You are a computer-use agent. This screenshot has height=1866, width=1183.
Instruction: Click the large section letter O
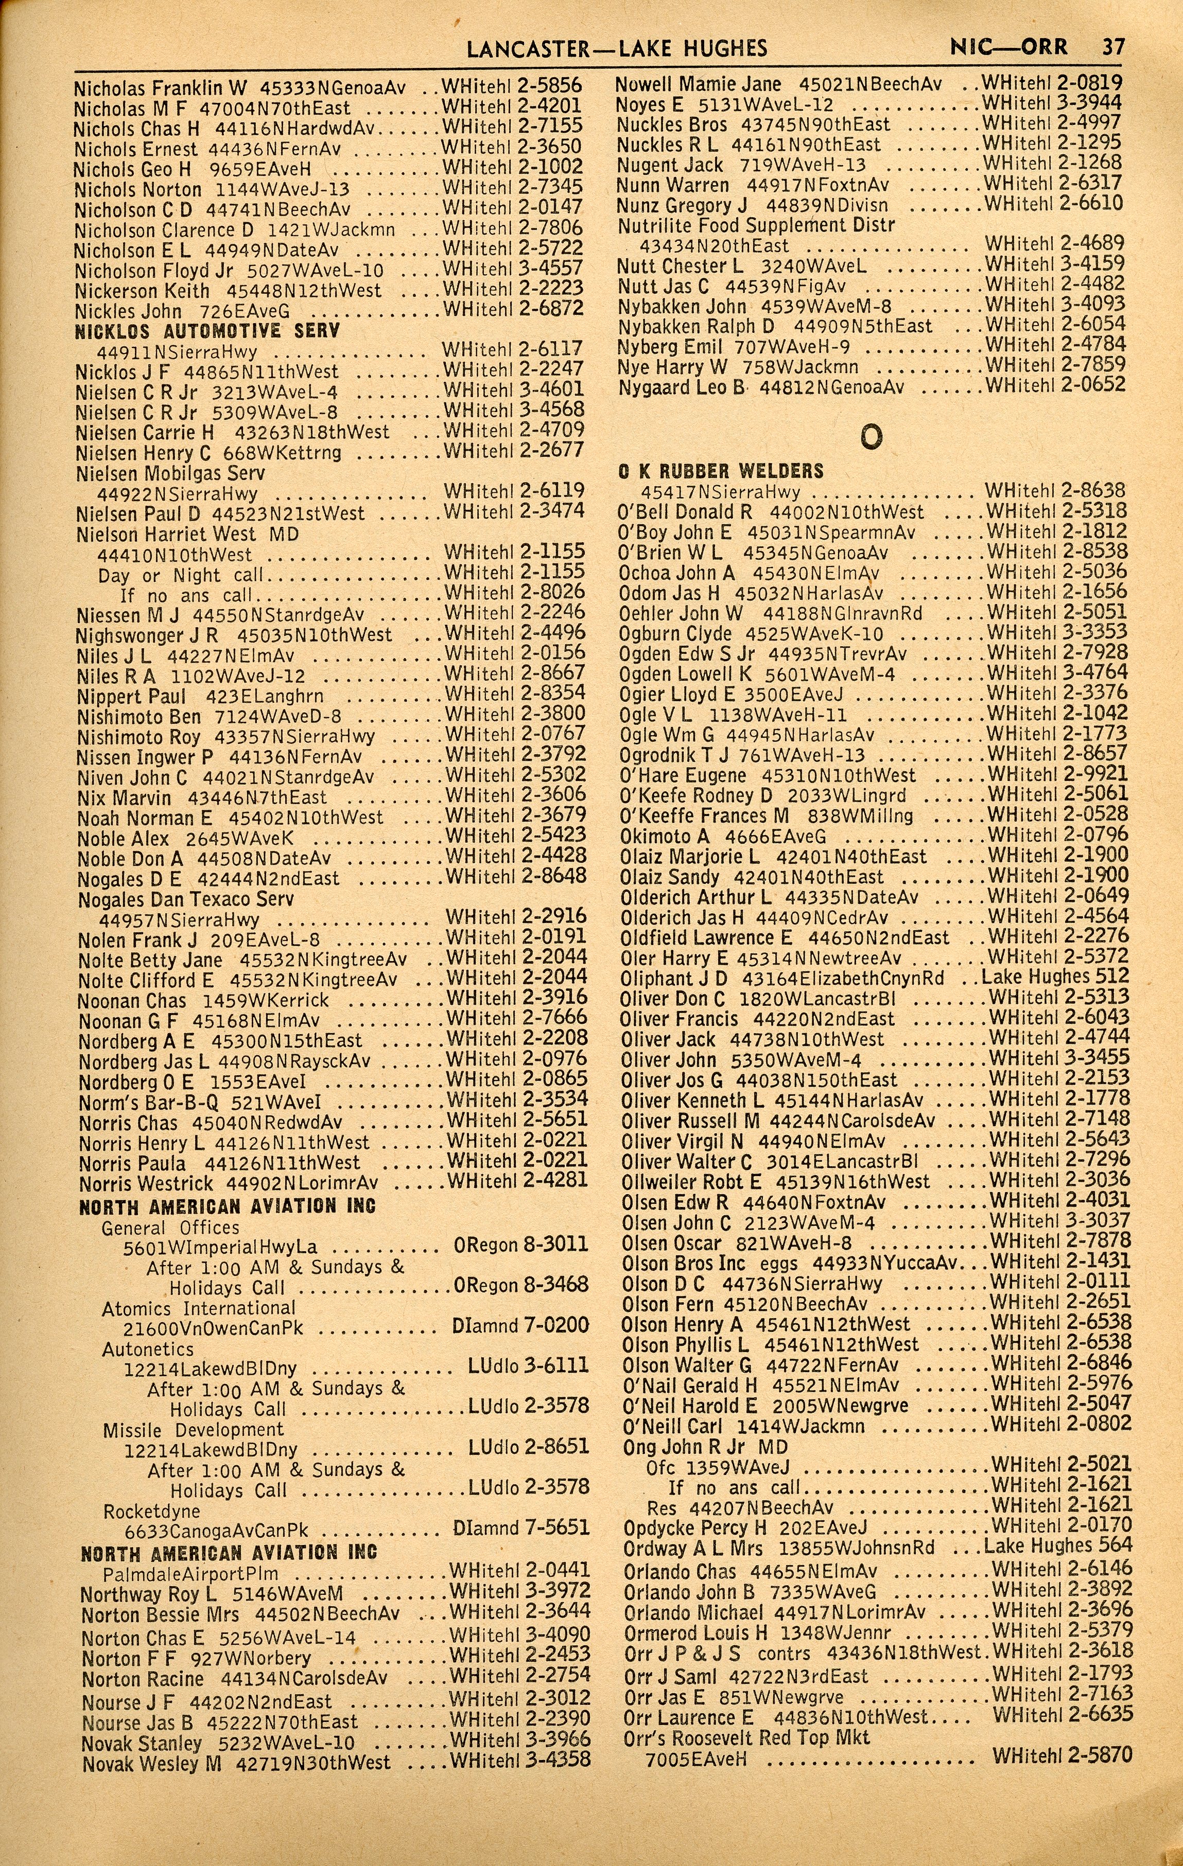click(x=872, y=437)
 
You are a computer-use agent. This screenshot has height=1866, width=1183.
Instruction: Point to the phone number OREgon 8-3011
click(x=521, y=1246)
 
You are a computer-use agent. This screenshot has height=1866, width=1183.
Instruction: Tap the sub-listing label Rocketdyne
click(x=151, y=1511)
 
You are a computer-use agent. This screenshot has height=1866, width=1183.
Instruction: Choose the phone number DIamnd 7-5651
click(x=521, y=1528)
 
